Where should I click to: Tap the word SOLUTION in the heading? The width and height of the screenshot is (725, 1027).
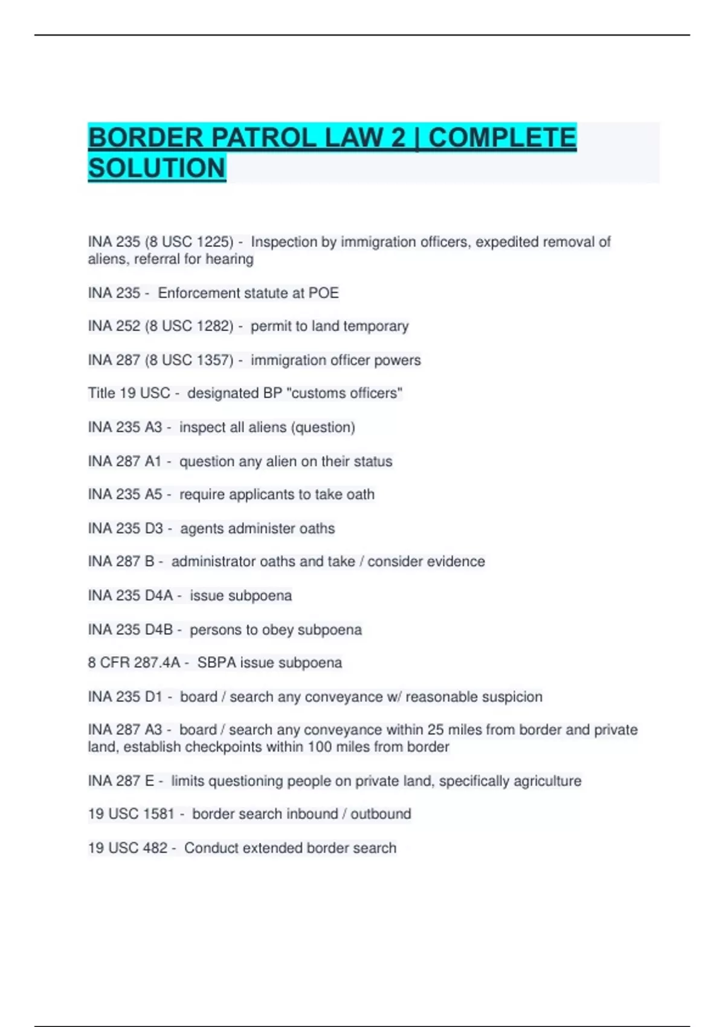[x=157, y=168]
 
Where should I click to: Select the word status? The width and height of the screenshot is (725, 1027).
[x=373, y=462]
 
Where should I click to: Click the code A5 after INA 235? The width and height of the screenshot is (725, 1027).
[x=153, y=495]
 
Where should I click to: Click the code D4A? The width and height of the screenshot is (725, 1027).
[x=158, y=596]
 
